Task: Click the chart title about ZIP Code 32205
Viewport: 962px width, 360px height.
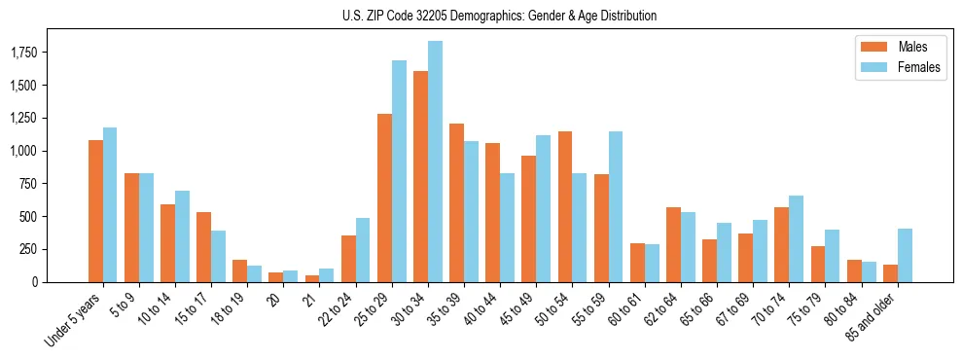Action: pos(499,16)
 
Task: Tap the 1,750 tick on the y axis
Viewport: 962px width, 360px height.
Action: pos(23,53)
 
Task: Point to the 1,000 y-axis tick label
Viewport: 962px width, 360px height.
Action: pos(23,151)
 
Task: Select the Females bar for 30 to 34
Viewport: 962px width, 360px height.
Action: pos(435,162)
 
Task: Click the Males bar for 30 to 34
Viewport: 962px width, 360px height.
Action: pos(420,176)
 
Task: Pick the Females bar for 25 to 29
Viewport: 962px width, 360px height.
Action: pos(399,171)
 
